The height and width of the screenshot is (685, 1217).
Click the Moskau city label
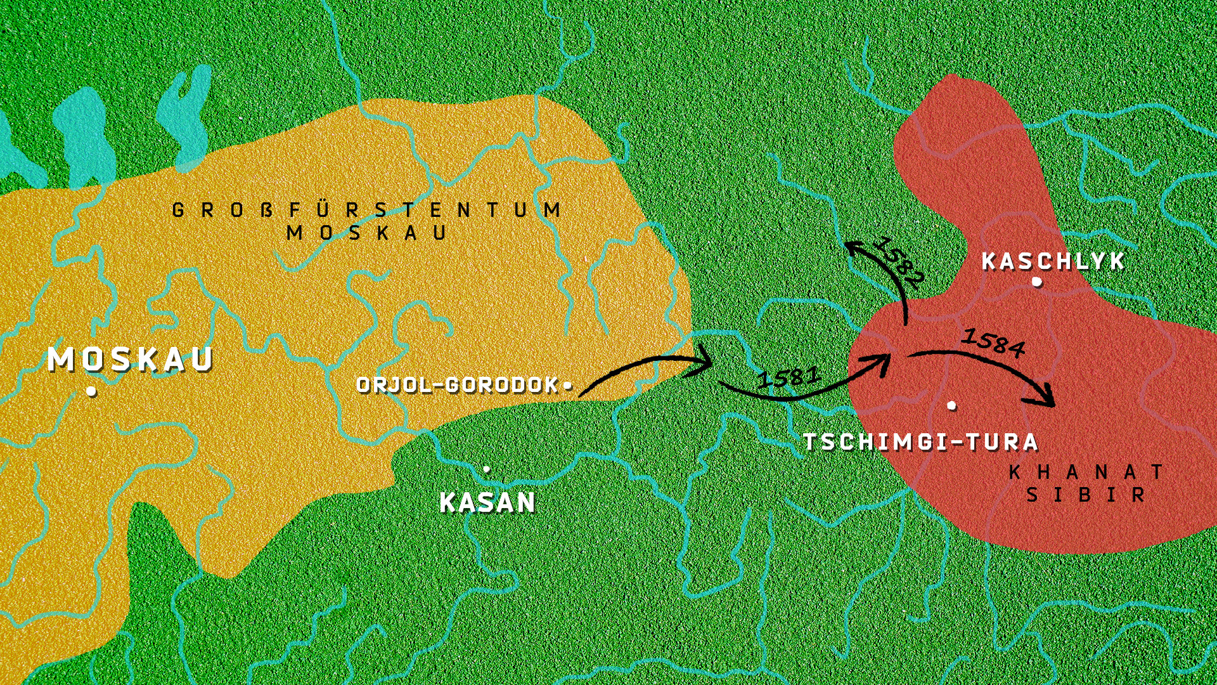(131, 360)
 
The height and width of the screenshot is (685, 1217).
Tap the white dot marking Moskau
(91, 391)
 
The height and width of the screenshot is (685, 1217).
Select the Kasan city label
(487, 503)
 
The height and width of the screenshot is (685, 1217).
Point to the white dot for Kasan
(486, 469)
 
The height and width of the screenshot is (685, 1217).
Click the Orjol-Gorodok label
(458, 385)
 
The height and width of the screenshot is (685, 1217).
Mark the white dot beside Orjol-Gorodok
(567, 385)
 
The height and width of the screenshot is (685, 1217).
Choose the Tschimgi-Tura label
(920, 442)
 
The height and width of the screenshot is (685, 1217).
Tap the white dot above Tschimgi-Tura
(951, 405)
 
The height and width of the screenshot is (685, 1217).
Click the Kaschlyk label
(1053, 261)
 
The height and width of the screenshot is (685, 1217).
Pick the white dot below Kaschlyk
(1036, 282)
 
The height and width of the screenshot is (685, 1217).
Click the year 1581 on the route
(789, 377)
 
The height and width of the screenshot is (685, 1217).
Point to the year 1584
(993, 343)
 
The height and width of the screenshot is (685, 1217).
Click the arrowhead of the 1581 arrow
(882, 362)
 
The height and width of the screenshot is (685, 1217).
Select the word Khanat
(1086, 473)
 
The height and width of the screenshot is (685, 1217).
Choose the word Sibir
(1085, 495)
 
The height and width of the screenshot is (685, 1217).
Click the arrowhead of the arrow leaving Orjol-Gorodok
(705, 364)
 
